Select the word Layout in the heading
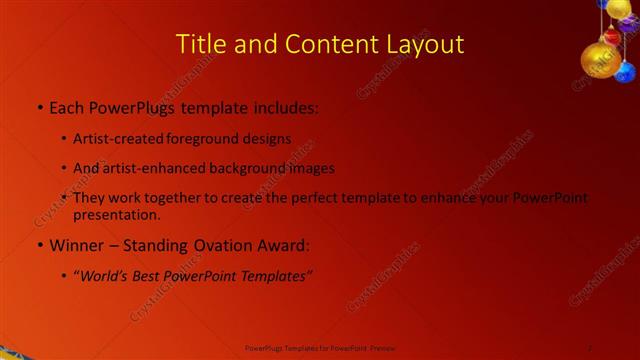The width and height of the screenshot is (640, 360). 426,45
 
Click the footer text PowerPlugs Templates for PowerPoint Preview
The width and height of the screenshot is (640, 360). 319,347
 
